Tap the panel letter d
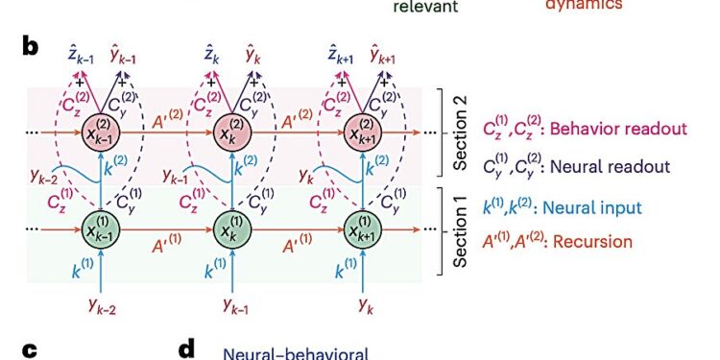coord(188,351)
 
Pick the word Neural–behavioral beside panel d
coord(296,352)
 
